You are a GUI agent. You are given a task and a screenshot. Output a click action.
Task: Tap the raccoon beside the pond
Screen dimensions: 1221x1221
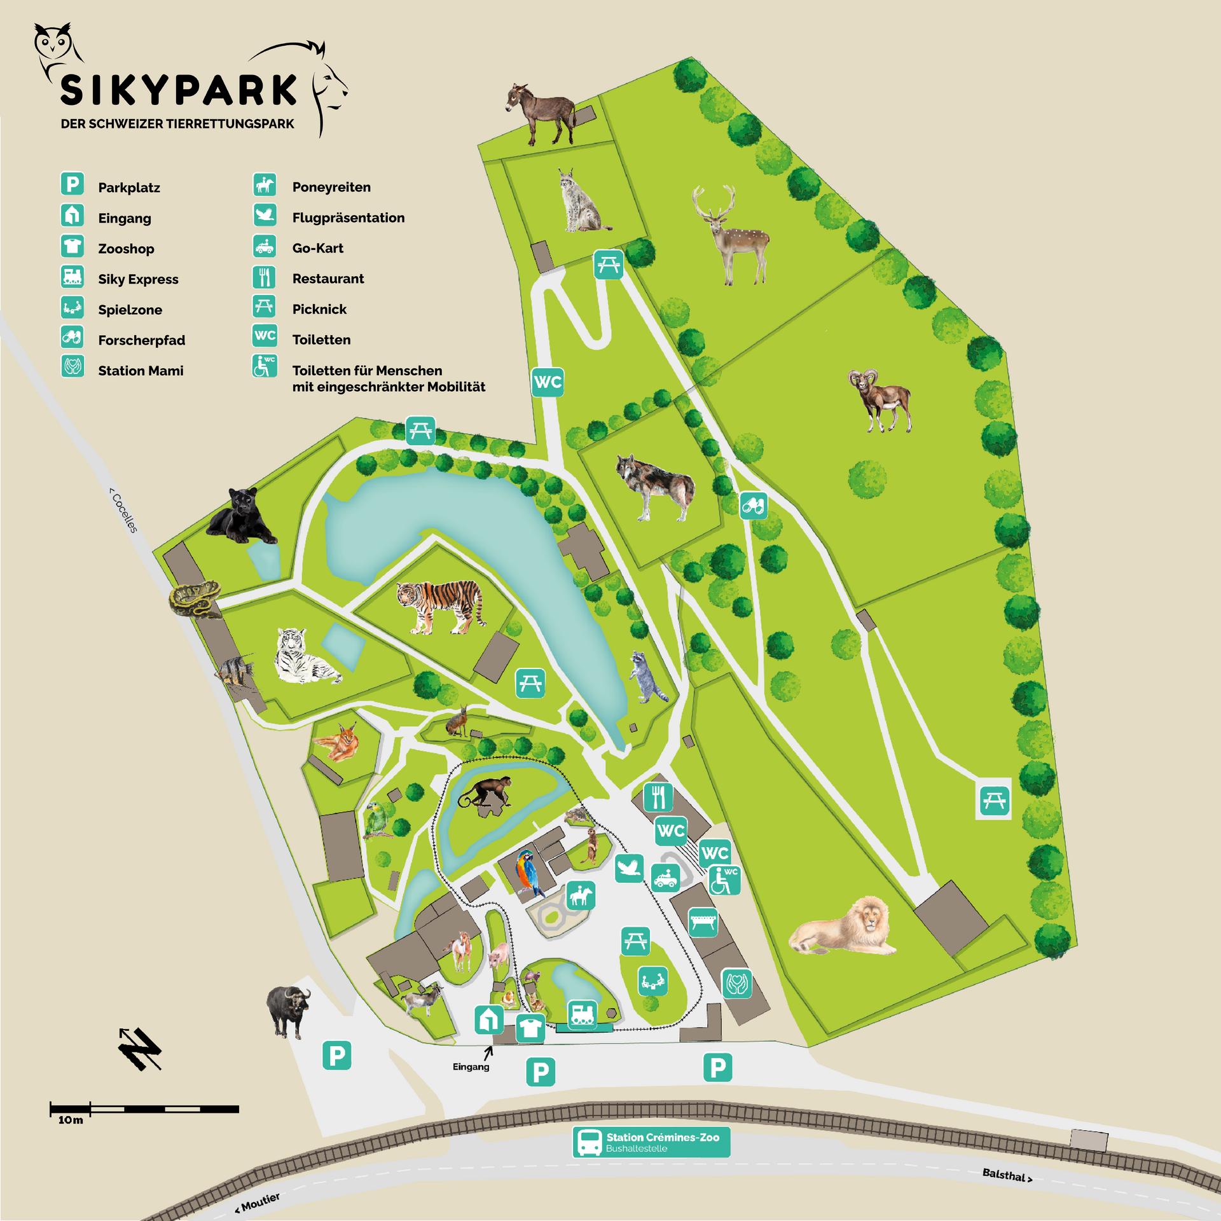click(646, 678)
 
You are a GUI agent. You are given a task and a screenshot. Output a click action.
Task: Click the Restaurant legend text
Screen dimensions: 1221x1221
click(328, 279)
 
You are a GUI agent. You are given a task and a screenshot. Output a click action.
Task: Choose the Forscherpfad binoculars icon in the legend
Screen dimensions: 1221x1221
click(72, 336)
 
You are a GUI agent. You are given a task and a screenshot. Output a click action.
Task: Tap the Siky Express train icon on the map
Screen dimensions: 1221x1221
click(582, 1012)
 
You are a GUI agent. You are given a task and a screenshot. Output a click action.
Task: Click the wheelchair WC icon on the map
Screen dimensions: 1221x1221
click(724, 880)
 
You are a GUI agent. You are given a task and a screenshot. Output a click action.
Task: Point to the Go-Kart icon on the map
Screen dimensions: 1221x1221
click(666, 878)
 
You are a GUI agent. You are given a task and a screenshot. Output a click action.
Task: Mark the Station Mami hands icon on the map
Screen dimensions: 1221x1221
click(736, 984)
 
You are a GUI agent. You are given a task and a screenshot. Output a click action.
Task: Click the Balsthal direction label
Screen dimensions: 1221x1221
click(1007, 1175)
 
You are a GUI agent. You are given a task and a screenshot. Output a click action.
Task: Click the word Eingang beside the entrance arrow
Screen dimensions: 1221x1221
click(471, 1066)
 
